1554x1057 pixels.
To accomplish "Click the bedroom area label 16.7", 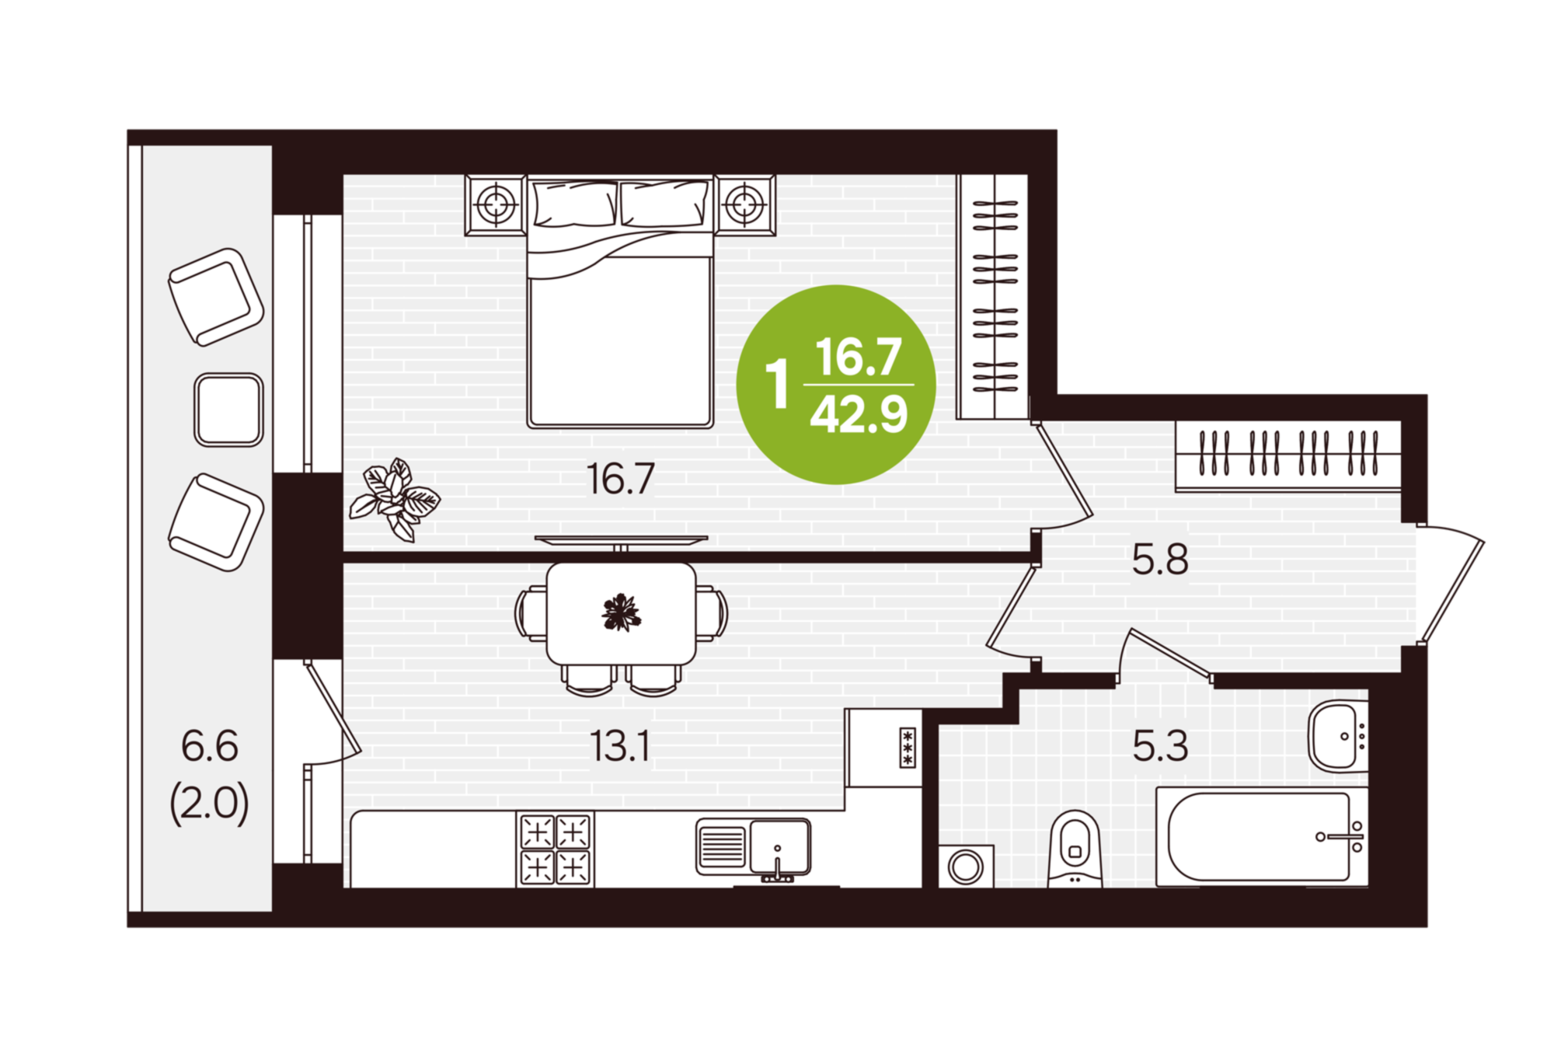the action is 620,479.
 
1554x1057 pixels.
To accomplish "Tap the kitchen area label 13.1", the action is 619,746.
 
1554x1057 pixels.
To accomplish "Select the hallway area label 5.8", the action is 1160,560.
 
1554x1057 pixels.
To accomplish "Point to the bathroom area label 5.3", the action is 1160,746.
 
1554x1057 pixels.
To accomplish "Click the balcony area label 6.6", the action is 210,746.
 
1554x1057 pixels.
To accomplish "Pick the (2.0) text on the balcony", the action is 210,804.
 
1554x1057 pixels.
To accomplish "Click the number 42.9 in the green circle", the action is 859,415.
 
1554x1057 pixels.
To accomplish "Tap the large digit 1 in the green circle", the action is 777,383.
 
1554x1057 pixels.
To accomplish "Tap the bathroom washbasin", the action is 1338,737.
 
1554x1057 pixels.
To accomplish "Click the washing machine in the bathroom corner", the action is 966,866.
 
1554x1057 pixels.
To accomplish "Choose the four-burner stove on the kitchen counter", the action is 555,849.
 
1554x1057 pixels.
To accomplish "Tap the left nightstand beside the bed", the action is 495,205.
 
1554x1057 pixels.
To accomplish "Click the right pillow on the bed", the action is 665,204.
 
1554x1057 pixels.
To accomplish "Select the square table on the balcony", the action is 228,410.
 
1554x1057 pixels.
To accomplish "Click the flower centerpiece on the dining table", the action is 621,613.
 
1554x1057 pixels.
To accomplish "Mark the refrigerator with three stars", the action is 883,748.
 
